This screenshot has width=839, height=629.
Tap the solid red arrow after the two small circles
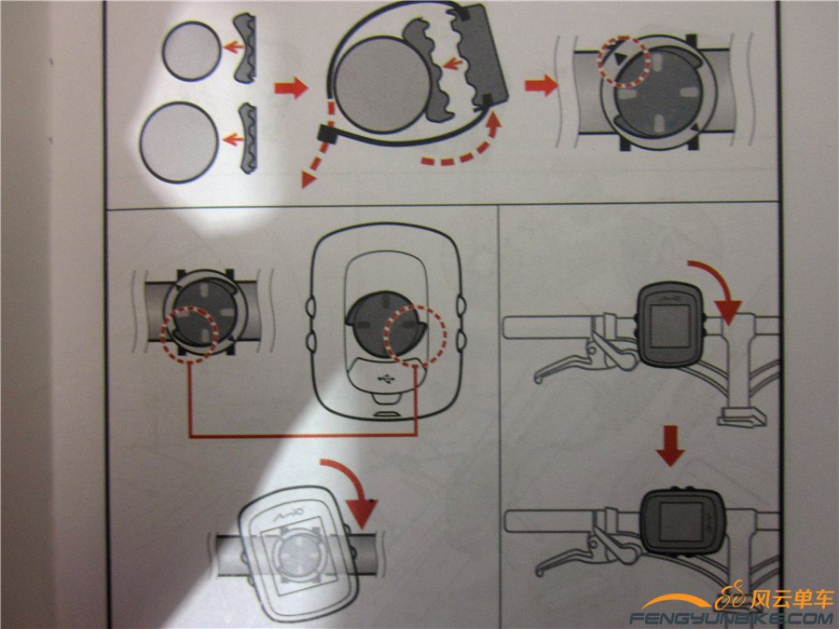pyautogui.click(x=290, y=89)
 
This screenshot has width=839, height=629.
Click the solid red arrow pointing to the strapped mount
pyautogui.click(x=539, y=87)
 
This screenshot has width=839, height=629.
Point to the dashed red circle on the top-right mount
pyautogui.click(x=622, y=62)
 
